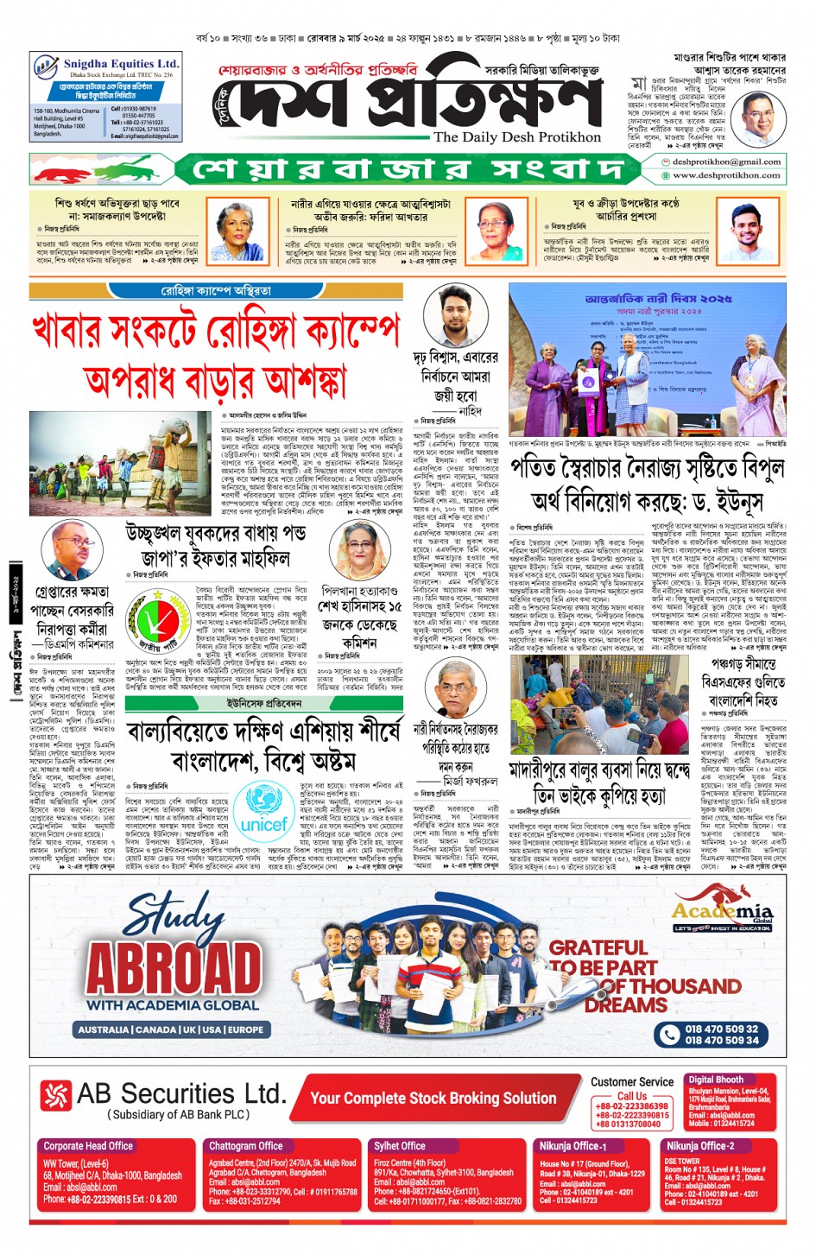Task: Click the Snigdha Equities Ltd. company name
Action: (x=120, y=64)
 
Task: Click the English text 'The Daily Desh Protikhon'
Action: (x=516, y=136)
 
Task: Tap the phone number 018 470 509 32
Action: (x=721, y=1029)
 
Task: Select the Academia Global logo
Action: (x=722, y=913)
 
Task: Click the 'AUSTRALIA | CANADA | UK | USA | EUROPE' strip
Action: (x=170, y=1029)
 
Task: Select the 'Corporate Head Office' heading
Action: (x=88, y=1146)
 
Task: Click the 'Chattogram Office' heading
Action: (x=245, y=1146)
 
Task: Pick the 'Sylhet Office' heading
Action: (x=400, y=1146)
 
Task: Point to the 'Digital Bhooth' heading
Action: (x=715, y=1080)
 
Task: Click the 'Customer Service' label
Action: (x=632, y=1081)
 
